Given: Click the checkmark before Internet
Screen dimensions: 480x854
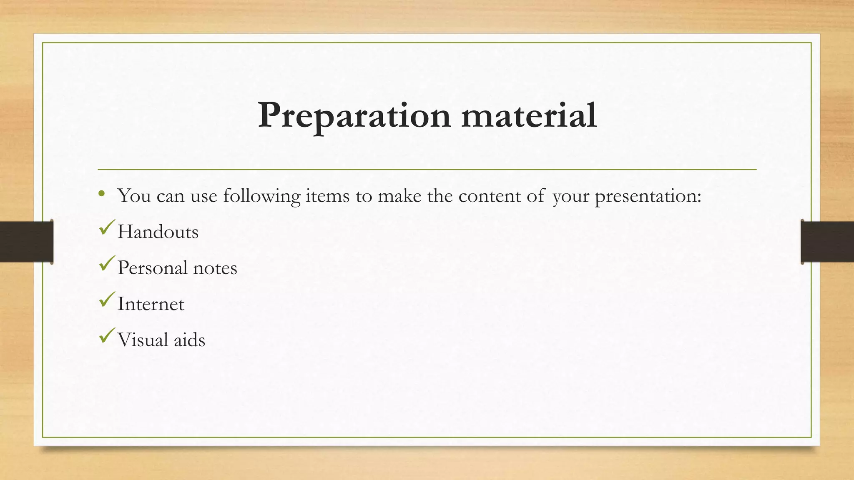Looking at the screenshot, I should (107, 300).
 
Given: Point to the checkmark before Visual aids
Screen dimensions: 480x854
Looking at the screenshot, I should (107, 335).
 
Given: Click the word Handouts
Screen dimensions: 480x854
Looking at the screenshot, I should (158, 232).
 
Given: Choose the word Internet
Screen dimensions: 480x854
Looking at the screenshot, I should (151, 304).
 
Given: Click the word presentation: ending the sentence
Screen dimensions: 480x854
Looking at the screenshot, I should (648, 196).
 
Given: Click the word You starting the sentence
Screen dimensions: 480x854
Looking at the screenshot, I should (134, 195).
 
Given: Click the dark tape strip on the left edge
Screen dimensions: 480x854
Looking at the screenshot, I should (26, 242).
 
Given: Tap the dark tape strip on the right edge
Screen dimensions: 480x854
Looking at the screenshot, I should (827, 242).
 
